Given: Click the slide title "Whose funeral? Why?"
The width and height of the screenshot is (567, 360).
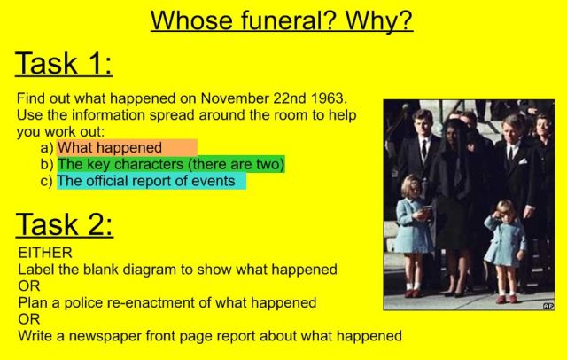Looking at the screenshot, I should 282,20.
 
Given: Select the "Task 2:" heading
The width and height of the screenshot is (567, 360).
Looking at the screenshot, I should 64,223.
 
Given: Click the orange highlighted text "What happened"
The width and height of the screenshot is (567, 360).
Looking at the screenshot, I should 110,148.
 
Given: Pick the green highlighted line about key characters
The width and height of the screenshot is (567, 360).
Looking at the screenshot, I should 171,165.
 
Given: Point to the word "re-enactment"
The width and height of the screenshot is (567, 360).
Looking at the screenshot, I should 176,302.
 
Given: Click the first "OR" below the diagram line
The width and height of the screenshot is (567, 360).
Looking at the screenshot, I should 28,286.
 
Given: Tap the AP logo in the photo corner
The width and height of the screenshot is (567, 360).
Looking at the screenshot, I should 548,305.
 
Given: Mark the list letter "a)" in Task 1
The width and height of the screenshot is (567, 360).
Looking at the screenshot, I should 47,148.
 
